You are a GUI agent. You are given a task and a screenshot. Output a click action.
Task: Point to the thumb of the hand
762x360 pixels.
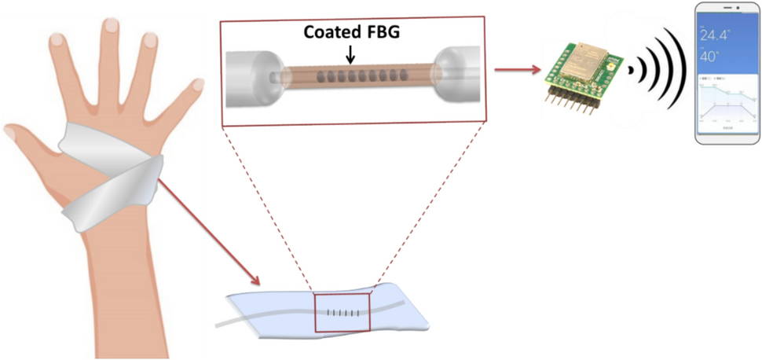pos(31,141)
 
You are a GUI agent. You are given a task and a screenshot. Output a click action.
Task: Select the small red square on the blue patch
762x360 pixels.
pos(342,313)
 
